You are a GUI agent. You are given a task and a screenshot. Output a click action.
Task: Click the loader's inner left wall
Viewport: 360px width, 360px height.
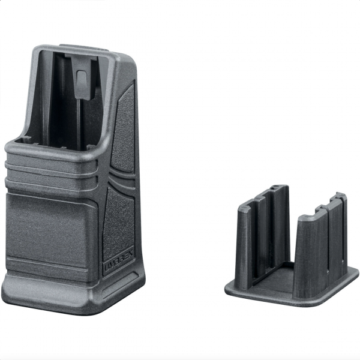click(x=43, y=96)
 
